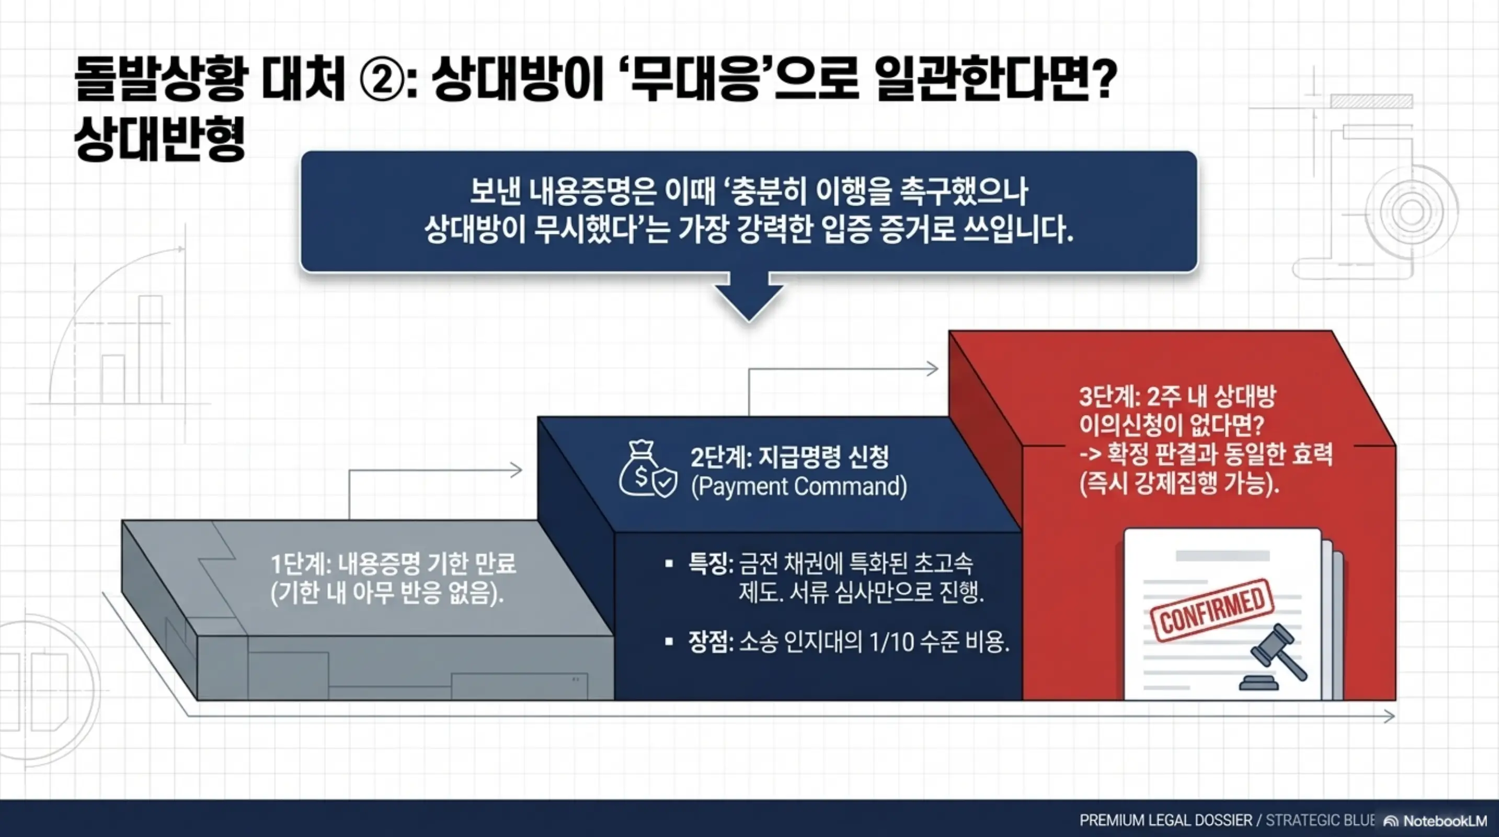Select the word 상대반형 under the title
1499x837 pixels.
(x=159, y=139)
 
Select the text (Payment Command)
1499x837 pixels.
(x=799, y=487)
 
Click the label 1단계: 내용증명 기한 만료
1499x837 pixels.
(x=393, y=563)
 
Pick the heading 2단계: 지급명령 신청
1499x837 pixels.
(x=789, y=458)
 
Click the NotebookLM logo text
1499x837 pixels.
(x=1444, y=821)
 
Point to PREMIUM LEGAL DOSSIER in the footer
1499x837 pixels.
(x=1165, y=821)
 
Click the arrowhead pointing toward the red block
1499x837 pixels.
(x=932, y=368)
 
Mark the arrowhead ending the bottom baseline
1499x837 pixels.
(x=1389, y=716)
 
